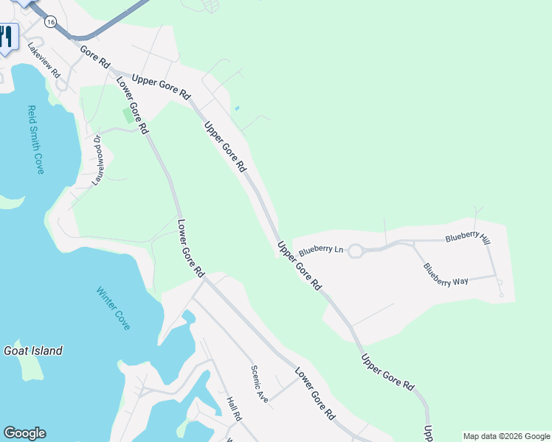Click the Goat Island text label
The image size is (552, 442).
33,351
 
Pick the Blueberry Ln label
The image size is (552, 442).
319,248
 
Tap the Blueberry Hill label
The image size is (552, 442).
467,239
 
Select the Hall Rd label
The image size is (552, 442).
235,410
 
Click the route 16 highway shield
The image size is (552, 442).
49,22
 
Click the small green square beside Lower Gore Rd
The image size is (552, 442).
129,116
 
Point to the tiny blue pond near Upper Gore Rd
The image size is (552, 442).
236,109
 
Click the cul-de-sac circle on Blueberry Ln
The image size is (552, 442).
356,251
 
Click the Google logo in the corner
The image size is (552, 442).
24,433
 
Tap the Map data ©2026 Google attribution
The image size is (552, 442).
506,436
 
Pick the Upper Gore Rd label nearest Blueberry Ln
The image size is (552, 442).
299,264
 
